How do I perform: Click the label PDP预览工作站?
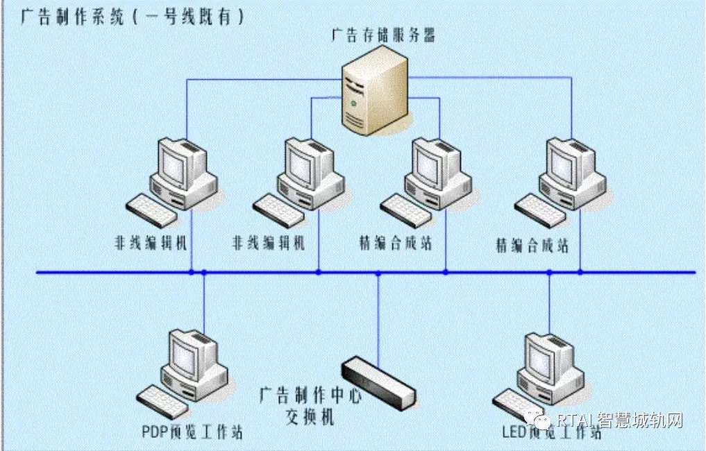pyautogui.click(x=192, y=432)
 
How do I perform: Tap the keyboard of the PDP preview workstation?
pyautogui.click(x=162, y=401)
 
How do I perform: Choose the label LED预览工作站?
pyautogui.click(x=551, y=432)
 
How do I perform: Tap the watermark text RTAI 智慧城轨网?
pyautogui.click(x=621, y=420)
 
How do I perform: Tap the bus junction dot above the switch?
pyautogui.click(x=378, y=273)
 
